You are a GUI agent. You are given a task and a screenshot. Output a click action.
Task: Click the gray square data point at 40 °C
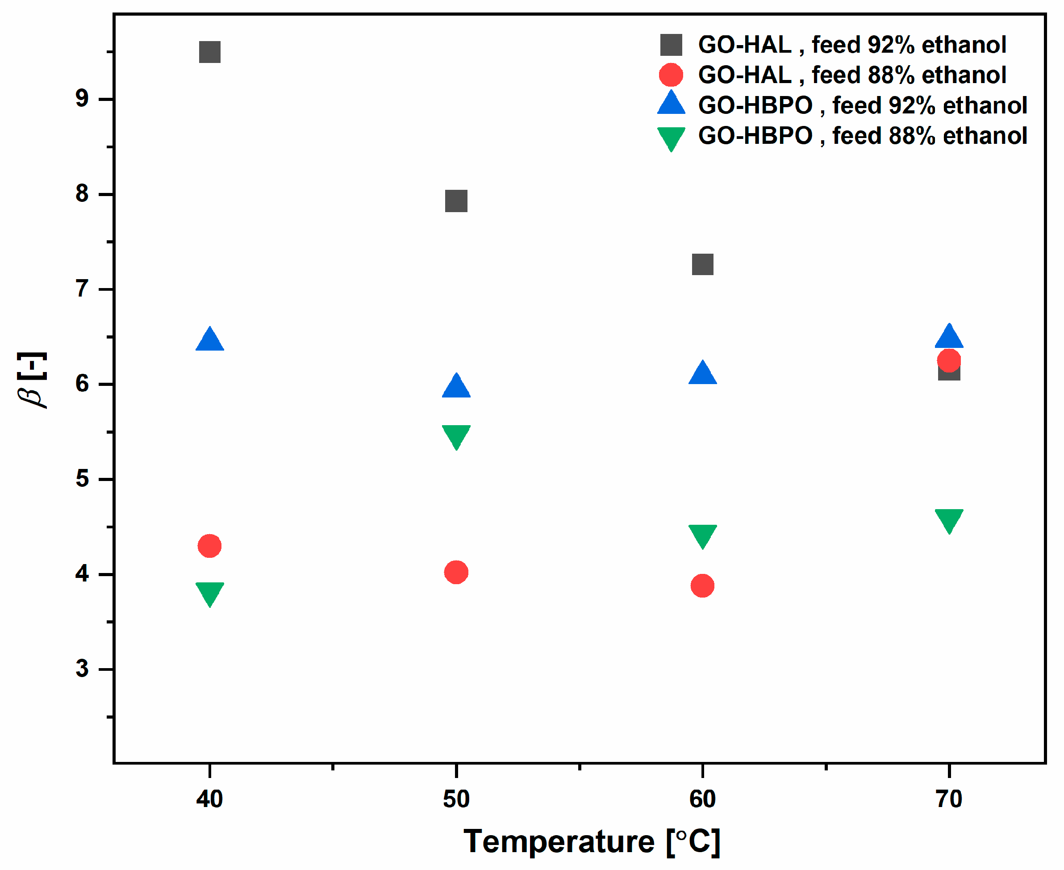point(210,52)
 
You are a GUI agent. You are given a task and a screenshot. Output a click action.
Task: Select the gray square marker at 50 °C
point(456,201)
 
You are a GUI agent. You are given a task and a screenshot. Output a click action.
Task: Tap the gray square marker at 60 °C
point(702,264)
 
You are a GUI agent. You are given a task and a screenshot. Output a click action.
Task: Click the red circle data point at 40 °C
point(210,546)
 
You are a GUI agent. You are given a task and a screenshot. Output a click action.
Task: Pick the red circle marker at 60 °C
point(702,586)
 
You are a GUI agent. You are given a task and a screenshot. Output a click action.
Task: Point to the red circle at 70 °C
point(949,360)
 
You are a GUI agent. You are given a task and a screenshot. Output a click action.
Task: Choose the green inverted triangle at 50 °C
point(456,435)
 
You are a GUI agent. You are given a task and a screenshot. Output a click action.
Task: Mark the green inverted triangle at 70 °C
point(949,519)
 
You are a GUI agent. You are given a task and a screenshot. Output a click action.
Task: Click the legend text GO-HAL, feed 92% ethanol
point(851,45)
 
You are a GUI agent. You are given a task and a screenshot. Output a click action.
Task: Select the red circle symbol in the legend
point(671,75)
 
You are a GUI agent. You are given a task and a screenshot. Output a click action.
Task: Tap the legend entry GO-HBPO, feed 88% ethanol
point(862,136)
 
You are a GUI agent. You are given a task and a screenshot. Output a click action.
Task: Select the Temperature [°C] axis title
point(592,841)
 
